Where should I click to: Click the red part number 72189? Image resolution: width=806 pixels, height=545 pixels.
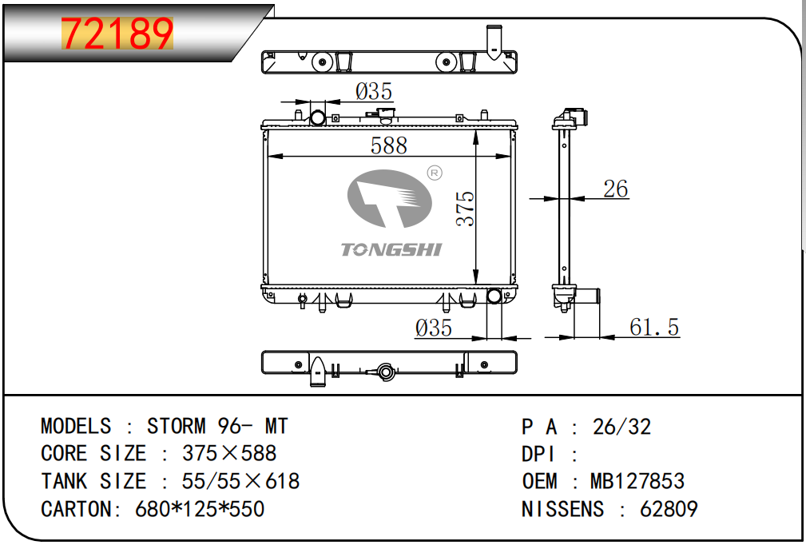point(117,34)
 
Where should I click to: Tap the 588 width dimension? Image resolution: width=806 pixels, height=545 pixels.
point(388,145)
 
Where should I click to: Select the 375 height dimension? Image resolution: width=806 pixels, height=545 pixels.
point(465,209)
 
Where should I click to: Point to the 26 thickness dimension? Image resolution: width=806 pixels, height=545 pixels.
point(615,189)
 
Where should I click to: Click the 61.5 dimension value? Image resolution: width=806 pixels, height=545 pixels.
point(654,327)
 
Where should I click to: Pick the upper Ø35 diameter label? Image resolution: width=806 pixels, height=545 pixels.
point(374,92)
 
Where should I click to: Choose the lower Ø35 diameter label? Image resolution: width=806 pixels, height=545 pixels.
point(433,328)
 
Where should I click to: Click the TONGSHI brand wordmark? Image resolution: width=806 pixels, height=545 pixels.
point(391,250)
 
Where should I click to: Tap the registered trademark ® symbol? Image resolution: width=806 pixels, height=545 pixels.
point(435,173)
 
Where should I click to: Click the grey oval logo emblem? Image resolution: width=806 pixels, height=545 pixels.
point(389,198)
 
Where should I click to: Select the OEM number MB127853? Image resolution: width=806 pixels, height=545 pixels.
point(637,481)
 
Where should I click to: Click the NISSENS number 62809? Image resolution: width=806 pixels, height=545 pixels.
point(669,509)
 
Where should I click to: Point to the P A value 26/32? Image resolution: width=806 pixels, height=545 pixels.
point(621,427)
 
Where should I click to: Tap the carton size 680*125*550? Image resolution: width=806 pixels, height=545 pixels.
point(200,509)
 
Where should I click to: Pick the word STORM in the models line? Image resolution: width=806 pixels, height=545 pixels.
point(177,426)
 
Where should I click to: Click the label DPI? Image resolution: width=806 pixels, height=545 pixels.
point(538,454)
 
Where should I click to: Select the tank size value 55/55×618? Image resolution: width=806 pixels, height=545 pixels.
point(240,481)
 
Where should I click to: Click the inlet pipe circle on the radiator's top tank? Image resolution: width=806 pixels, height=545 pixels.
point(318,117)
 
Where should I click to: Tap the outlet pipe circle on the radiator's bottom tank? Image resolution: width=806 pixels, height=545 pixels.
point(494,296)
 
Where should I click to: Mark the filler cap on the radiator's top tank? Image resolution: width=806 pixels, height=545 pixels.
point(384,115)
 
